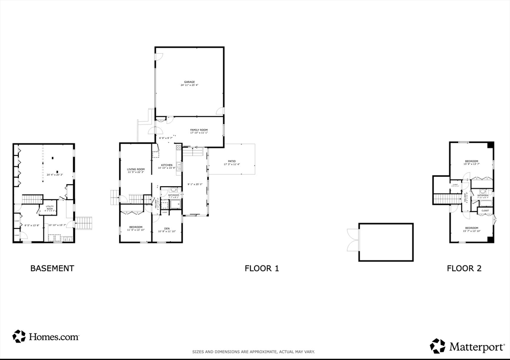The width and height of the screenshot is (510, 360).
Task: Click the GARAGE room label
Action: [x=189, y=82]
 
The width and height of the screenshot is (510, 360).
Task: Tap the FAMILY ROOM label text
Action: [x=199, y=130]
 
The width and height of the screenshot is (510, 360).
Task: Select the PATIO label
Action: [x=232, y=161]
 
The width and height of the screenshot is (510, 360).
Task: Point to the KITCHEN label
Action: [x=166, y=165]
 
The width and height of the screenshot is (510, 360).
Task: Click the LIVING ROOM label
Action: [x=135, y=170]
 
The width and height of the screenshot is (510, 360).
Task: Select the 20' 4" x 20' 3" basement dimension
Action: [x=55, y=175]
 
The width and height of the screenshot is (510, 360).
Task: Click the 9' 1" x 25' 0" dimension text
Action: [x=194, y=184]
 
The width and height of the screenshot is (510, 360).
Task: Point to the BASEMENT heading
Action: [x=52, y=268]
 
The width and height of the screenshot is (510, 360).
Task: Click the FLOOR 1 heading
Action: [x=261, y=268]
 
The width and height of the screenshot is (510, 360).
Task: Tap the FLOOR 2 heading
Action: [x=464, y=268]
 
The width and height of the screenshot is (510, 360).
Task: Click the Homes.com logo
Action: [x=46, y=337]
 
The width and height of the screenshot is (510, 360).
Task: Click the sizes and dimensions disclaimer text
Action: [x=254, y=352]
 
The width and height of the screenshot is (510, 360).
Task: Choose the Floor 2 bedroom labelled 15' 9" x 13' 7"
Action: [x=472, y=161]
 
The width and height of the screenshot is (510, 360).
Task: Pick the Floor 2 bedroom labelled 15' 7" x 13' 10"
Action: [x=472, y=228]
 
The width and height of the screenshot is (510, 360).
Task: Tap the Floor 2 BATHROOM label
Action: [x=483, y=195]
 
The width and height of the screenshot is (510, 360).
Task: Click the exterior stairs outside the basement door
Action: [x=84, y=223]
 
